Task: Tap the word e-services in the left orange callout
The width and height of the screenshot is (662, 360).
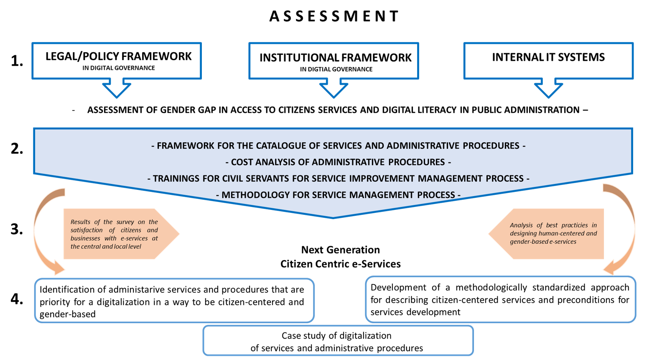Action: click(134, 238)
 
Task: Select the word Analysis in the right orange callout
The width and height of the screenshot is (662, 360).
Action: click(521, 225)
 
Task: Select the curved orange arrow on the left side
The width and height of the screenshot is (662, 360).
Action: click(42, 230)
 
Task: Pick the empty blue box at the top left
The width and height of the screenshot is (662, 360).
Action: click(117, 61)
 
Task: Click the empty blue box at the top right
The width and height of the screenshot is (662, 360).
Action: click(548, 61)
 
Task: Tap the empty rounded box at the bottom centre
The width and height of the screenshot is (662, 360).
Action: click(338, 340)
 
